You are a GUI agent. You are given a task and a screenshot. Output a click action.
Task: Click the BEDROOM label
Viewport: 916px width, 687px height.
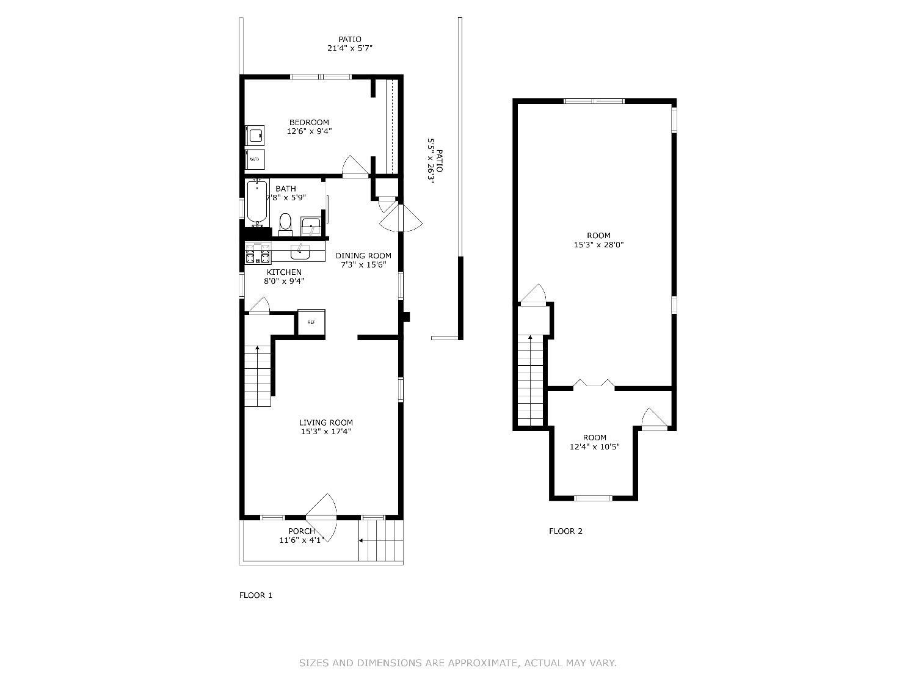[x=309, y=122]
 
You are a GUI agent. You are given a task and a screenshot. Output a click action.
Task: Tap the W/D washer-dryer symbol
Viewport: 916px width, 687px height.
[x=255, y=159]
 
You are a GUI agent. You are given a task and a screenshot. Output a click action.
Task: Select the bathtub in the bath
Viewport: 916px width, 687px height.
[x=257, y=201]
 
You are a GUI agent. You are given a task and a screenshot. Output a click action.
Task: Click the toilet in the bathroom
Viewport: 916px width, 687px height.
[x=285, y=224]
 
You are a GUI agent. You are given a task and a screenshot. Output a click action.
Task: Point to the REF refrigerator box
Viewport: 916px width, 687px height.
[x=311, y=322]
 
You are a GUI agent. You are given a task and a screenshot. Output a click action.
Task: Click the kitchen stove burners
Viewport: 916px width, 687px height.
[x=257, y=253]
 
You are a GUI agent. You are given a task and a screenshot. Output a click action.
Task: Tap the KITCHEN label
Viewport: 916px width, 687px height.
[x=284, y=272]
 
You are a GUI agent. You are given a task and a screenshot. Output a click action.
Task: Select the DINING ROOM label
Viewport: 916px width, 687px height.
[x=363, y=255]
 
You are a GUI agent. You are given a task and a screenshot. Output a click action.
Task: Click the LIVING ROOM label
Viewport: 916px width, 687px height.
[x=325, y=422]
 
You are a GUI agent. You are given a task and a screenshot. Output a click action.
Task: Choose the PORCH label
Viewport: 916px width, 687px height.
[x=302, y=531]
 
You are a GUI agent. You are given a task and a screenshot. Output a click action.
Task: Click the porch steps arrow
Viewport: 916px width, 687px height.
[x=362, y=540]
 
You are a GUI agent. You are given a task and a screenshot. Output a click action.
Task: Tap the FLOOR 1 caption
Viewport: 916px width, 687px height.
[x=255, y=595]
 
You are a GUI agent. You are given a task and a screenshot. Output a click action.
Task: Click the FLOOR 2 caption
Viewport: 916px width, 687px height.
[x=565, y=531]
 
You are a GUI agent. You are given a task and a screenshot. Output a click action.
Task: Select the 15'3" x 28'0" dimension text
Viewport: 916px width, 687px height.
[x=598, y=245]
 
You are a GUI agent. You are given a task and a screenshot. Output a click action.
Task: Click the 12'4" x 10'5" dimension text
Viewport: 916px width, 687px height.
[x=594, y=446]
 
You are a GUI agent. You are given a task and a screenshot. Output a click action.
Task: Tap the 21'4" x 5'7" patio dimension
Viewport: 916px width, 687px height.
[x=350, y=48]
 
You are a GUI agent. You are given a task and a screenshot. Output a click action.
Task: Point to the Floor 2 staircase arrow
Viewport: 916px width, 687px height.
[x=530, y=338]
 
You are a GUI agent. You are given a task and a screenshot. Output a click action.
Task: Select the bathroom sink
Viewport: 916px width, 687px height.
[x=311, y=226]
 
